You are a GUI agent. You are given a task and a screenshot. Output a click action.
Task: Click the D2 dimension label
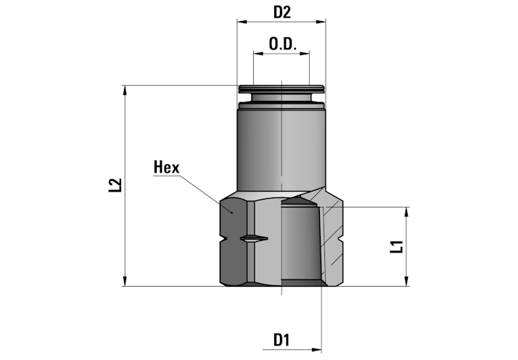(282, 12)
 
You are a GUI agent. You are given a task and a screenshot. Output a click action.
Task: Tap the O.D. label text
(282, 44)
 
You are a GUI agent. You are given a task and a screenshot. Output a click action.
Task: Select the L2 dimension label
(115, 185)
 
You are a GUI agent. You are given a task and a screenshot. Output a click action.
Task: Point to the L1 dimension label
(397, 247)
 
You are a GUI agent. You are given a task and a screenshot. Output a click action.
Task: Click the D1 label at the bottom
(281, 340)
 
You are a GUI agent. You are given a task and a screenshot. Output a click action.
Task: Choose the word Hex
(167, 167)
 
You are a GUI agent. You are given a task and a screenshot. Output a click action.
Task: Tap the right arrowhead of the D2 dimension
(321, 22)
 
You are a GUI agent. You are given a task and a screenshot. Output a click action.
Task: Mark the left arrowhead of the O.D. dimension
(258, 53)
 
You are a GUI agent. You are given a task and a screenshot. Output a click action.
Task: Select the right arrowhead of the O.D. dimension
(305, 53)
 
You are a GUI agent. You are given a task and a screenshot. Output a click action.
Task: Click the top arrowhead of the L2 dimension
(125, 90)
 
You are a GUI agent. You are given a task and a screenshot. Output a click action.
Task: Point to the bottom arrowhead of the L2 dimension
(125, 281)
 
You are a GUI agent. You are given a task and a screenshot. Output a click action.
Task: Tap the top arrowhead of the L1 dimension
(407, 212)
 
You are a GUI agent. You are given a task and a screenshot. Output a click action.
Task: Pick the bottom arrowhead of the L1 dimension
(407, 281)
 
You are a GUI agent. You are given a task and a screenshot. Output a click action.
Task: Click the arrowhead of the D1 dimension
(316, 349)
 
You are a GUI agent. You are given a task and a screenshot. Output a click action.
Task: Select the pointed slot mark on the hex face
(254, 239)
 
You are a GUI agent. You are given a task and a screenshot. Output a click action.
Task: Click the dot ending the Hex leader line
(232, 213)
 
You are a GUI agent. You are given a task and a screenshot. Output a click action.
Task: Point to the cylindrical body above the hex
(281, 150)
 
